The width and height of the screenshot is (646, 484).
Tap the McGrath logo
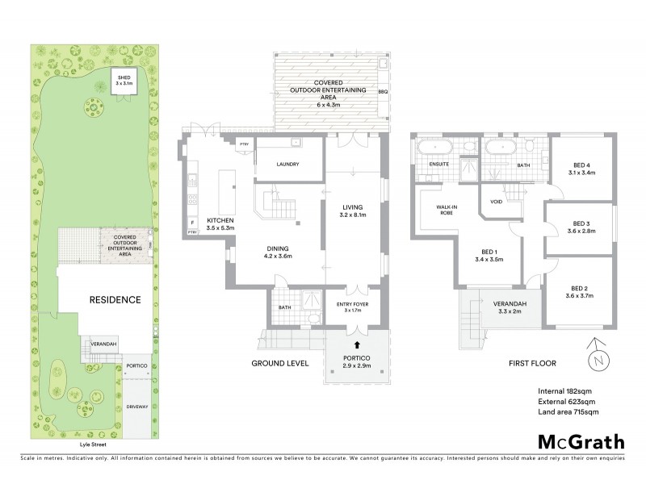click(x=581, y=441)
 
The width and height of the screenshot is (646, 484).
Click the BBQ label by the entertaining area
click(x=383, y=92)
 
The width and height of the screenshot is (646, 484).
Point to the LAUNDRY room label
click(x=287, y=165)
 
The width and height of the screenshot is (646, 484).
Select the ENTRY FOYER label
click(x=353, y=305)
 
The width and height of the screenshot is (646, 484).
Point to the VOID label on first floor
click(x=497, y=202)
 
